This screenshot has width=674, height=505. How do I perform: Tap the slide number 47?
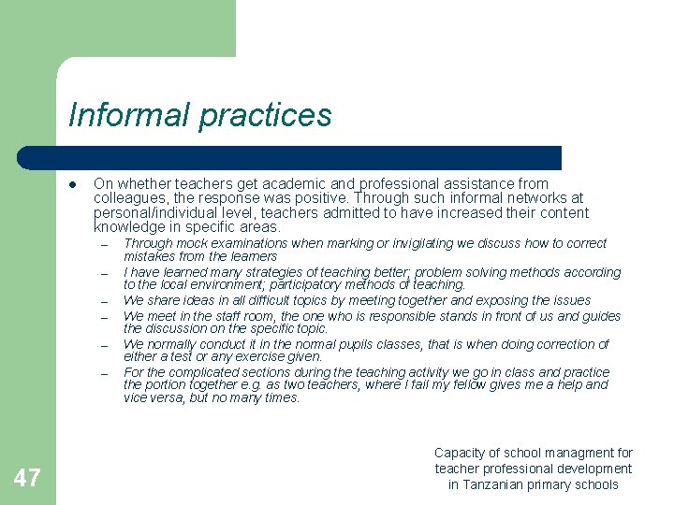27,479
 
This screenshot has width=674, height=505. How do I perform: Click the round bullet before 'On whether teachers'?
72,184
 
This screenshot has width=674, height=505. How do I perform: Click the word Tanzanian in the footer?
504,484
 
